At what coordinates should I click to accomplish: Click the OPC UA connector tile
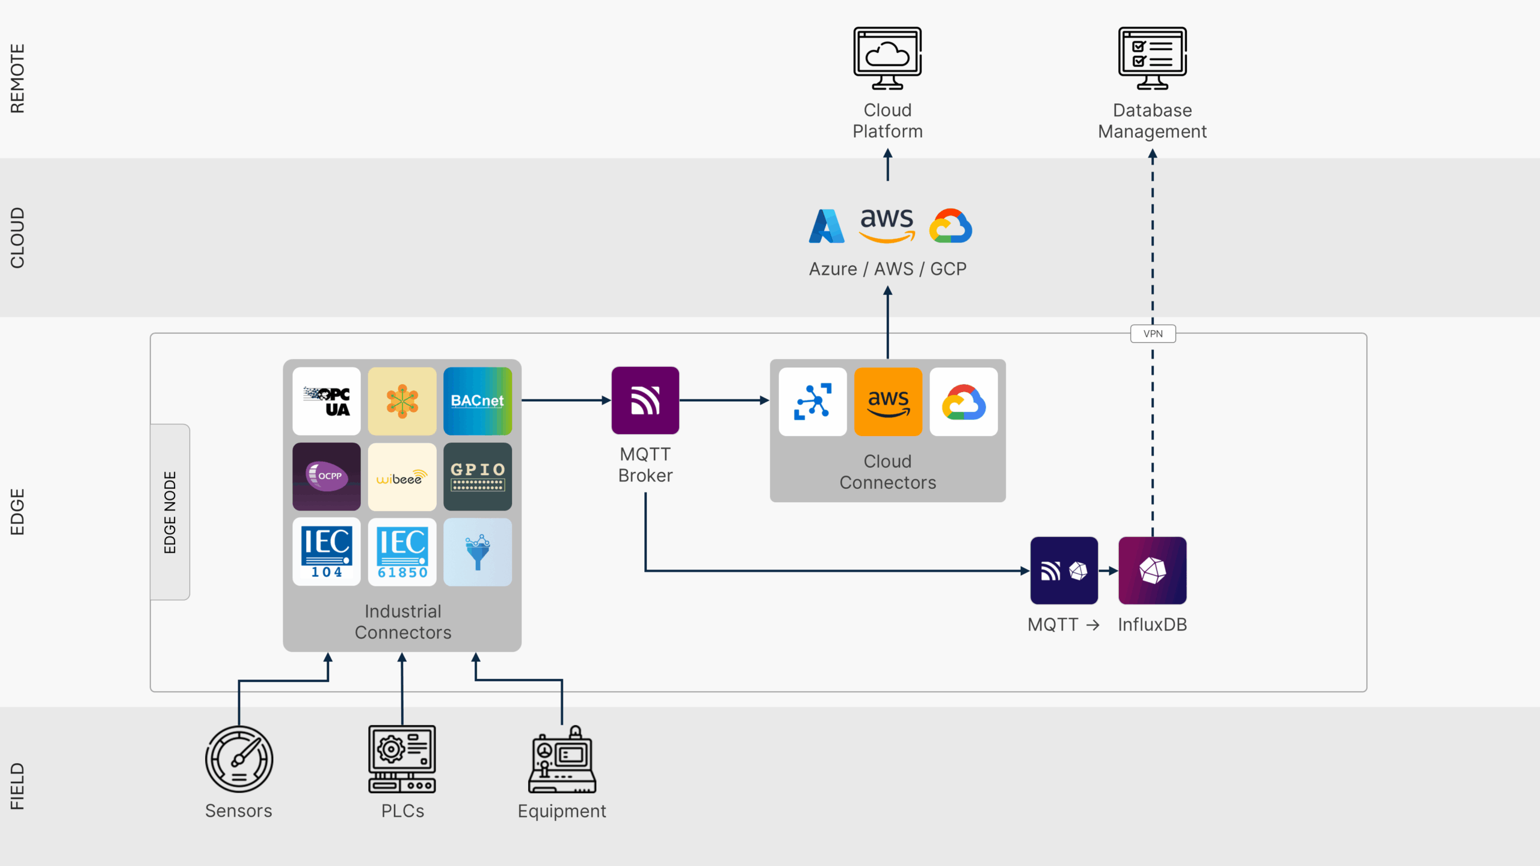coord(327,401)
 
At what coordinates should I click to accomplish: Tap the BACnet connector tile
coord(478,401)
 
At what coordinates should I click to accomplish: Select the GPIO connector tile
coord(478,476)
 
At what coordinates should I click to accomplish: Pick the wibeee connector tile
coord(402,476)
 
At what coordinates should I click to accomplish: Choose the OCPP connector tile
coord(327,476)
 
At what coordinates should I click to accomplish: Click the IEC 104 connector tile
coord(327,552)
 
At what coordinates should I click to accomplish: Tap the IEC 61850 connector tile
coord(402,552)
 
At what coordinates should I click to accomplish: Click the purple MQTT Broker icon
coord(645,401)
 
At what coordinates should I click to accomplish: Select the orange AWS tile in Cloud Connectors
coord(888,402)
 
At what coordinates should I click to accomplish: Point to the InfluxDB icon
coord(1152,570)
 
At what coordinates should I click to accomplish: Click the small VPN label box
coord(1153,334)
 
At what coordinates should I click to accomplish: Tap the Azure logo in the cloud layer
coord(827,226)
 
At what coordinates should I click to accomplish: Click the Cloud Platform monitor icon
coord(887,58)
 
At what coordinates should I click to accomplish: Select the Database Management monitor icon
coord(1152,58)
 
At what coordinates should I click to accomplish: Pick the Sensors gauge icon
coord(239,759)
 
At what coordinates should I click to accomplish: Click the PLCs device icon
coord(402,759)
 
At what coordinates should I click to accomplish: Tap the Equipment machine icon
coord(562,760)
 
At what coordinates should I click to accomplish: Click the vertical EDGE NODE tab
coord(170,512)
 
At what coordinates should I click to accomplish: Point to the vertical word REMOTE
coord(17,78)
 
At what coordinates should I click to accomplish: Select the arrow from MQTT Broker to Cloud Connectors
coord(724,400)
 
